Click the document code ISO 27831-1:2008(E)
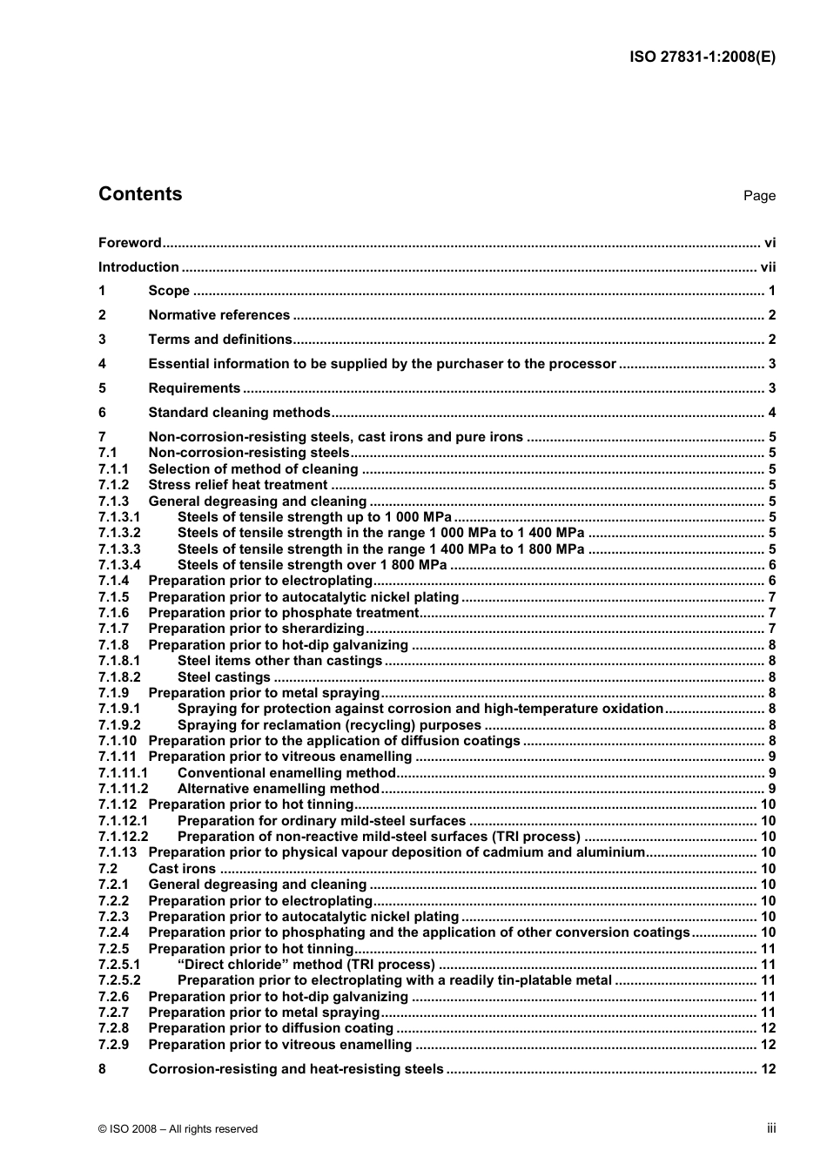(702, 57)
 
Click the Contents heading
(140, 194)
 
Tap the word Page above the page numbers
(759, 196)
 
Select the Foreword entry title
(130, 243)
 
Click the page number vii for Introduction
(768, 267)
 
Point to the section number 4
(103, 364)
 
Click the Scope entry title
(169, 291)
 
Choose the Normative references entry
(219, 315)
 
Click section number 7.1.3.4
(119, 565)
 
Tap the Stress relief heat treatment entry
(238, 485)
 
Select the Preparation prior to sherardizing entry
(256, 629)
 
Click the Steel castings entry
(224, 677)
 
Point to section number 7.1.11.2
(123, 789)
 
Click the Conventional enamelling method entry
(286, 773)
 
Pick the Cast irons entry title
(182, 869)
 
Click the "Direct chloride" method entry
(306, 965)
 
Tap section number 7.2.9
(113, 1045)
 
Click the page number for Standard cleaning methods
(771, 413)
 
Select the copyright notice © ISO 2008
(178, 1129)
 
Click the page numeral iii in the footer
(771, 1128)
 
